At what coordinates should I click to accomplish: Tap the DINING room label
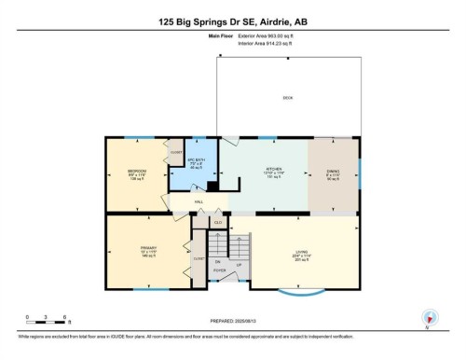334,171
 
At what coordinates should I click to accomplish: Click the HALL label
199,201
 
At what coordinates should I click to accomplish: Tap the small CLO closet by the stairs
218,223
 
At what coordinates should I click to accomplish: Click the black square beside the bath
212,186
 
